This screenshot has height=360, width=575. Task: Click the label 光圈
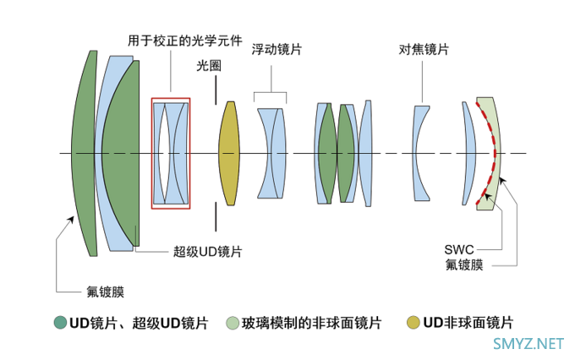coord(209,65)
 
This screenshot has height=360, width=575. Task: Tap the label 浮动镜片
coord(277,50)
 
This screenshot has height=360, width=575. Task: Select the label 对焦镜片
coord(424,50)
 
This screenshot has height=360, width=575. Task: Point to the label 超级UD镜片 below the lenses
coord(207,251)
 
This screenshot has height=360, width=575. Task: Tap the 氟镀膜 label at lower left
coord(105,292)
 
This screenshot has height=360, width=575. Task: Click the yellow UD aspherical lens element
coord(229,153)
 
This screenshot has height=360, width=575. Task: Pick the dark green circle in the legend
coord(59,322)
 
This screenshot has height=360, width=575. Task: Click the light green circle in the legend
coord(233,322)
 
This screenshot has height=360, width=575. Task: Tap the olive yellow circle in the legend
coord(413,322)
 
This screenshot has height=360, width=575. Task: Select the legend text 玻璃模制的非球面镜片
coord(311,322)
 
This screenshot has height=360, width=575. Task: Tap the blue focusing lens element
coord(421,153)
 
